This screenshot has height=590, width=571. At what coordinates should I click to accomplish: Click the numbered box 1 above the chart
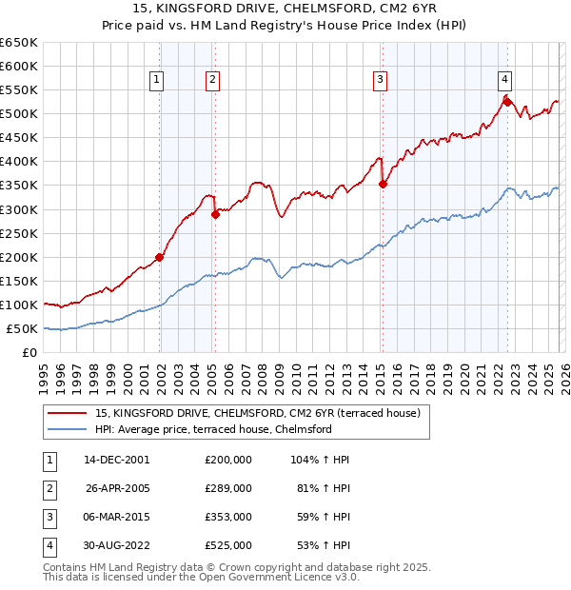[156, 80]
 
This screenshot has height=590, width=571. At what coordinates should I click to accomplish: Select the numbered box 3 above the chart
[380, 80]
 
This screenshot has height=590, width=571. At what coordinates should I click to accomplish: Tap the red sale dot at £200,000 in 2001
[159, 257]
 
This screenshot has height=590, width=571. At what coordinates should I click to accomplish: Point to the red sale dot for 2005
[215, 214]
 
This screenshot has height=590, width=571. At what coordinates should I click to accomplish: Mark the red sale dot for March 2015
[383, 184]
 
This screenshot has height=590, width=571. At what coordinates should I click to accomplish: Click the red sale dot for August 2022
[507, 102]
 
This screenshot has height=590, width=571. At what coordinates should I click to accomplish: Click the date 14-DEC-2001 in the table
[116, 459]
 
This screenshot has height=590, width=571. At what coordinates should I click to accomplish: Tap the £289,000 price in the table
[228, 488]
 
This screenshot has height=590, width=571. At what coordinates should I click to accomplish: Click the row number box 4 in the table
[46, 545]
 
